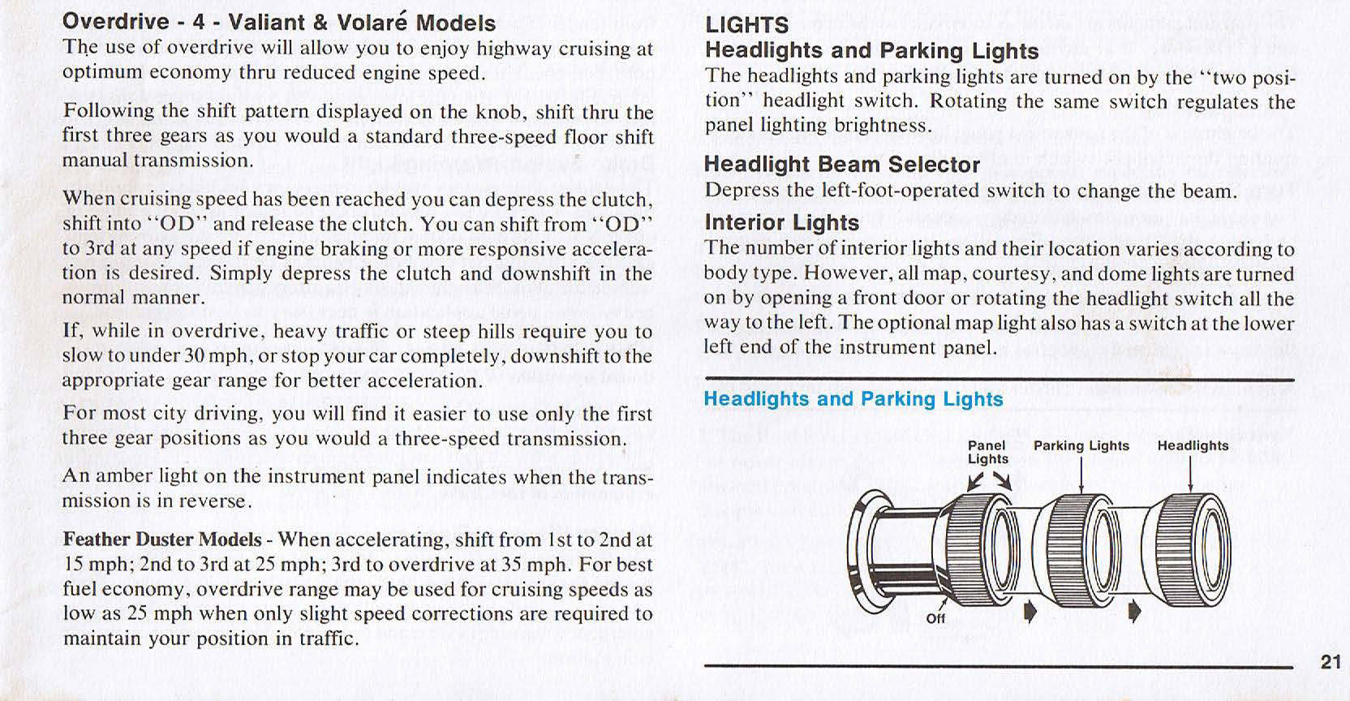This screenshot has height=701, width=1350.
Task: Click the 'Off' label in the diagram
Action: coord(935,617)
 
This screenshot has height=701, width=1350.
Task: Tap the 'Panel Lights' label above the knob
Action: coord(987,452)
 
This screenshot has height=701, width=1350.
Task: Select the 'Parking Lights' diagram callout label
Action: coord(1081,445)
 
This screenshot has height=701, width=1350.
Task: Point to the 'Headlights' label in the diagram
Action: coord(1192,445)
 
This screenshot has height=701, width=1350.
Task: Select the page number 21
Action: coord(1331,661)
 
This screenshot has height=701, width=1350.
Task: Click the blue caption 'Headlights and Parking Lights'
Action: coord(853,399)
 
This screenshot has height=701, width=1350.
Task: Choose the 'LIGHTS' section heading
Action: coord(746,25)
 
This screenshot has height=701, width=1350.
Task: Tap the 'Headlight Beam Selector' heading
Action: coord(841,165)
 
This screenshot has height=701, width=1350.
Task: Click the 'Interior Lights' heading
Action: coord(781,222)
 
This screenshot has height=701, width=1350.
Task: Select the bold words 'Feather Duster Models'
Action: coord(162,540)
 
